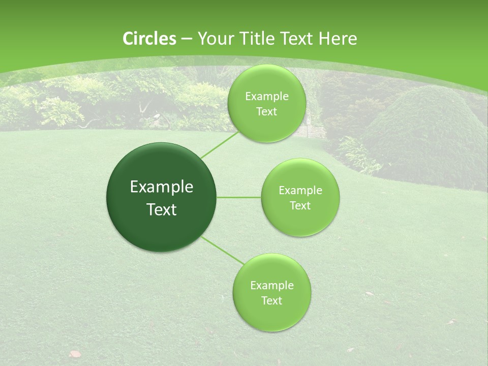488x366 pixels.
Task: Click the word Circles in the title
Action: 149,39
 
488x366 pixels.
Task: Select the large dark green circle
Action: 162,197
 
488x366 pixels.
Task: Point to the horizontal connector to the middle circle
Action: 239,197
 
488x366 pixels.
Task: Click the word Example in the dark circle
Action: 162,187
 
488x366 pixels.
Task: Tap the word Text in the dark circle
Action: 162,209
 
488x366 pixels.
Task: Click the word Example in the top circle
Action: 266,97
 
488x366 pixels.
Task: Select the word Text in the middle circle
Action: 300,205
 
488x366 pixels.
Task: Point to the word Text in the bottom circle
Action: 271,300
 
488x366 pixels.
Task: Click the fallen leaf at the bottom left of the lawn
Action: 75,353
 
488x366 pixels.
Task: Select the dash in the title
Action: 187,39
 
